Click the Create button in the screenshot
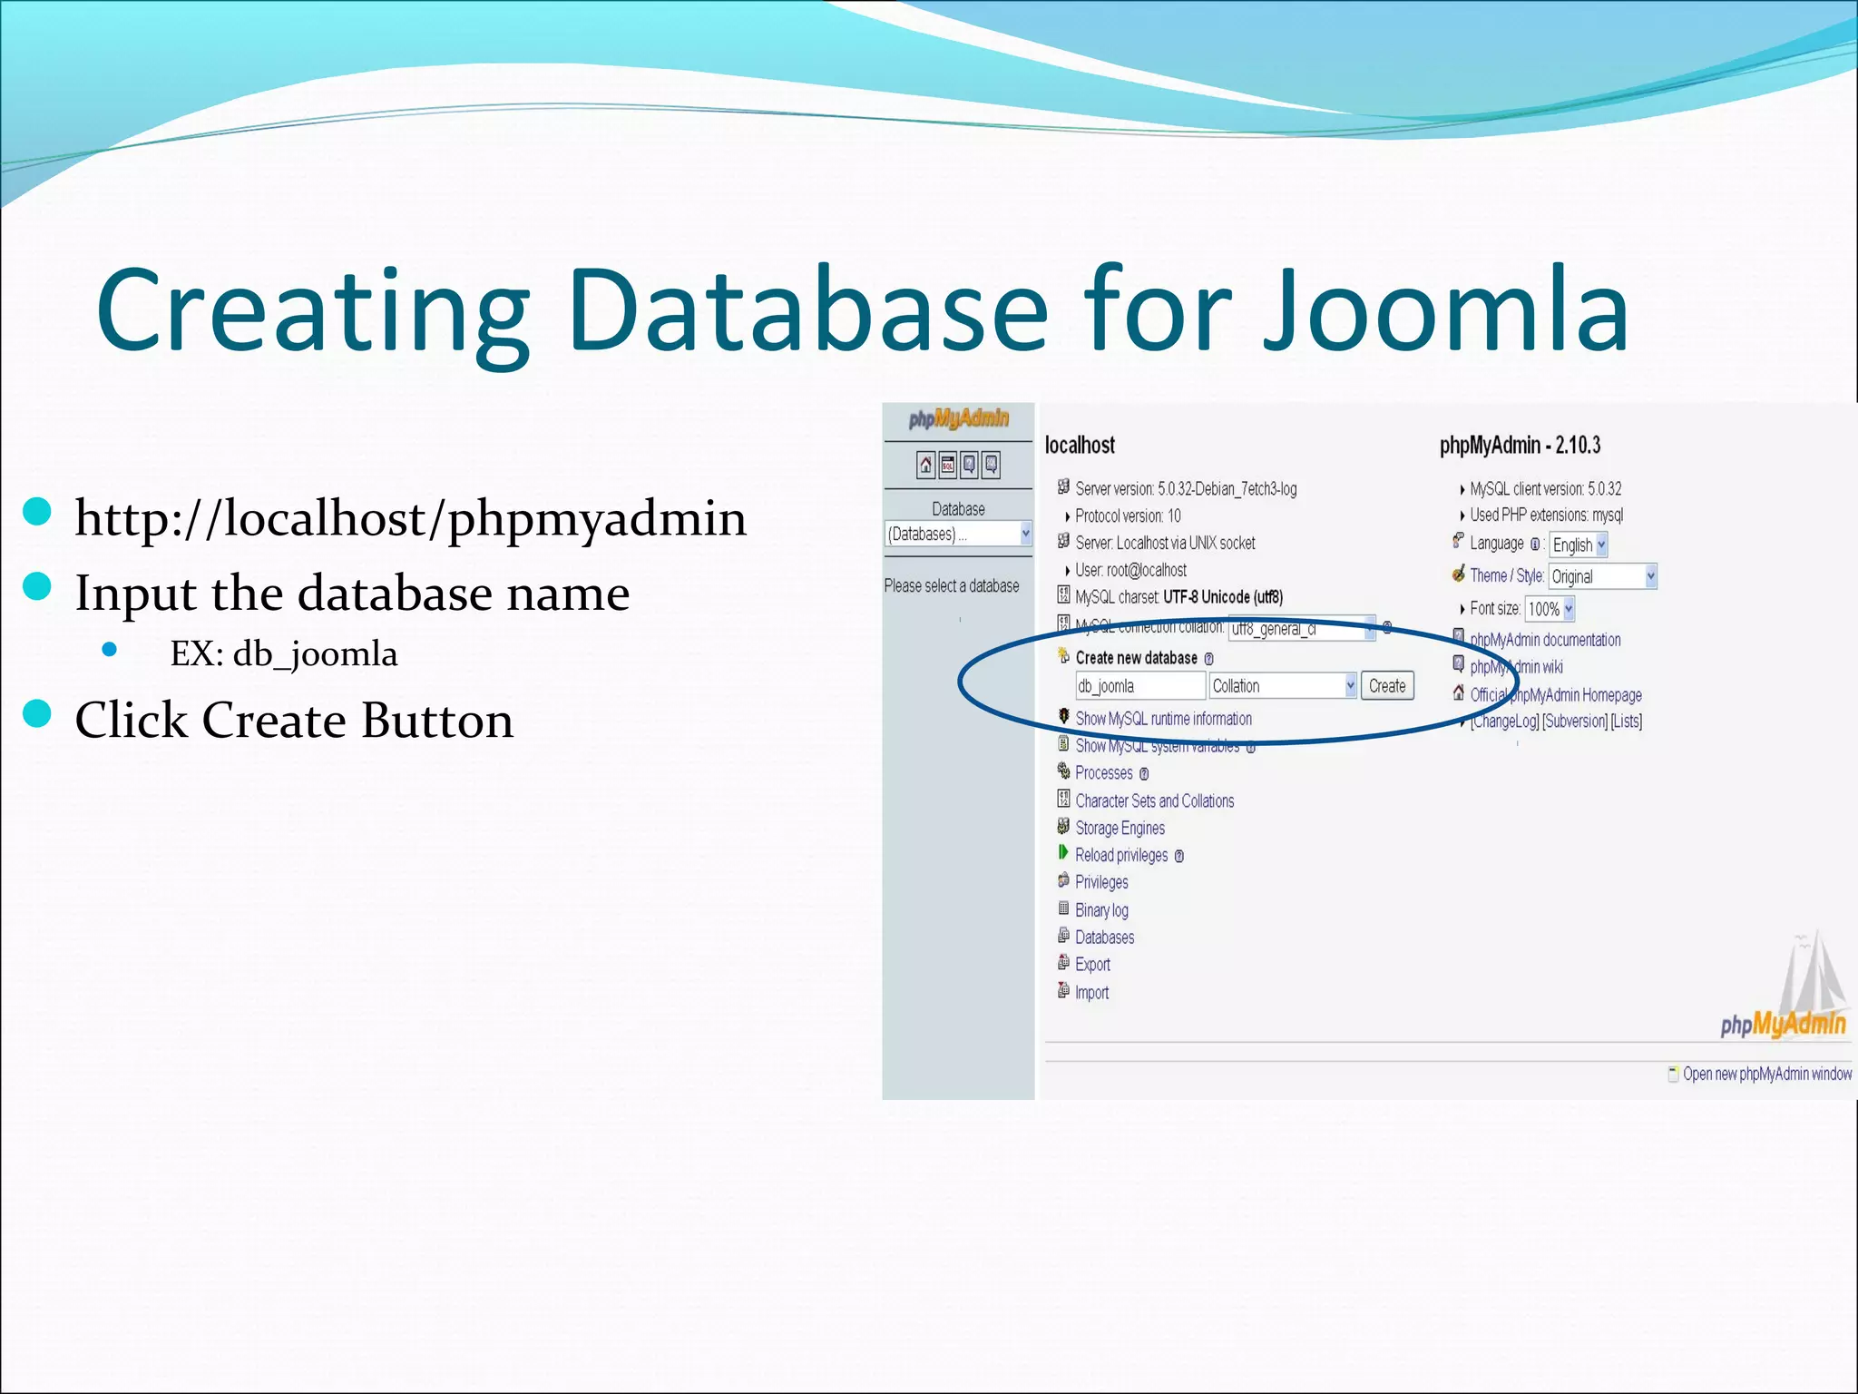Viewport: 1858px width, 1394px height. click(x=1386, y=686)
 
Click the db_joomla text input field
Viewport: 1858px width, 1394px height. click(x=1139, y=686)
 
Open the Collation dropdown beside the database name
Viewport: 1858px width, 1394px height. click(x=1283, y=686)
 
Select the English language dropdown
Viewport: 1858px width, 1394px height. click(x=1578, y=545)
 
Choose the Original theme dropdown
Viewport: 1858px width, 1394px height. click(x=1602, y=576)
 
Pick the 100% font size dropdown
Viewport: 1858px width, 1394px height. click(x=1550, y=609)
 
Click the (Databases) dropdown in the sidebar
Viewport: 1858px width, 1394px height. click(x=957, y=534)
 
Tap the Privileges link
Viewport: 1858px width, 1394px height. click(x=1101, y=882)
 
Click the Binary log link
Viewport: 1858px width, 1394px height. click(x=1101, y=910)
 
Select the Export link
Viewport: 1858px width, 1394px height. click(x=1092, y=965)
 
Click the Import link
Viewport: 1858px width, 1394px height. click(x=1091, y=993)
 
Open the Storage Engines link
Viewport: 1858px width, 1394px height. click(x=1120, y=828)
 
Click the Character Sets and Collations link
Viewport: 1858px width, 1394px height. click(x=1154, y=800)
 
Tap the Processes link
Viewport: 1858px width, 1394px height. click(x=1103, y=773)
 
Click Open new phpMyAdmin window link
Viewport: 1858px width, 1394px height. click(x=1766, y=1074)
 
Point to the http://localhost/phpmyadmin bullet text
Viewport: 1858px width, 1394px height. click(x=410, y=518)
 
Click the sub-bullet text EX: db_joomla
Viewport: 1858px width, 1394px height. click(x=283, y=653)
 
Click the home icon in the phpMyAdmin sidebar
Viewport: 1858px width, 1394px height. click(x=925, y=466)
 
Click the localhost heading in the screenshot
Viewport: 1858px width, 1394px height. click(x=1080, y=445)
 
